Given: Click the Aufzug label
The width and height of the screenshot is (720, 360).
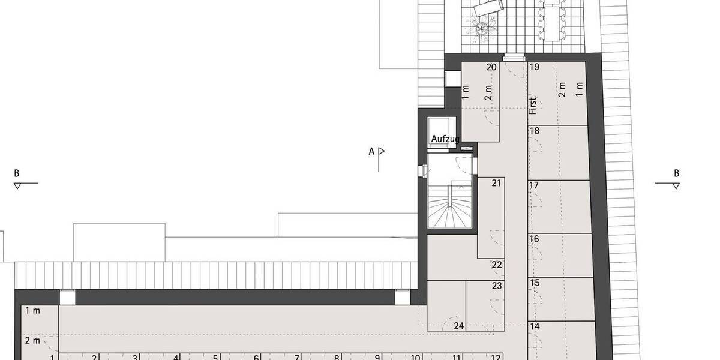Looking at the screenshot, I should point(445,139).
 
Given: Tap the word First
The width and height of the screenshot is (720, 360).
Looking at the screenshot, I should point(532,104).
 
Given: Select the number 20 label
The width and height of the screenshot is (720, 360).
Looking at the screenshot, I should point(491,67).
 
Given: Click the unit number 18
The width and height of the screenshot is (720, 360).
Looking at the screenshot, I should point(534,131).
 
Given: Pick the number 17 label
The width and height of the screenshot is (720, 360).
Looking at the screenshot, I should point(534,185).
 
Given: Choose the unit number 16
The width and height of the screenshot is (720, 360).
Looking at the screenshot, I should point(534,239).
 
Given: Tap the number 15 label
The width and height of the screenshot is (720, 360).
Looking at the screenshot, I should point(534,283).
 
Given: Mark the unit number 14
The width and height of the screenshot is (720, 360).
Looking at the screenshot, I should point(535,326).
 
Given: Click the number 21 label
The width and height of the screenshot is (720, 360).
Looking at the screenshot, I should point(496,183).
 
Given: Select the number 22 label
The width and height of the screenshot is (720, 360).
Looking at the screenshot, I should point(496,265).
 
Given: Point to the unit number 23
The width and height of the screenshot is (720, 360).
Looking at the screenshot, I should point(496,286).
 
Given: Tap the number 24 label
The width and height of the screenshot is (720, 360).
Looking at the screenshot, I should point(460,326).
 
